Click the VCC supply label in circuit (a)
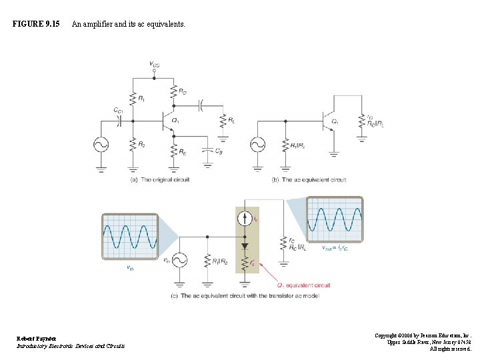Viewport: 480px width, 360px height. coord(154,65)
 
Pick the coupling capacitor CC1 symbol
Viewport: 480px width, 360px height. coord(119,121)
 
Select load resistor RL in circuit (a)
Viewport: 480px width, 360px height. coord(223,121)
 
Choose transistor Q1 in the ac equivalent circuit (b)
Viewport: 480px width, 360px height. coord(327,121)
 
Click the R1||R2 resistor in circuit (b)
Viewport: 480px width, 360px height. coord(285,145)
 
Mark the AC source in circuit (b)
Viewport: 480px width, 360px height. coord(257,145)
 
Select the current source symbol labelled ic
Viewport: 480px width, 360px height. coord(246,218)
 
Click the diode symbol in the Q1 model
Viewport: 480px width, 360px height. coord(246,245)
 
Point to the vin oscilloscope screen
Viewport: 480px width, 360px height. coord(130,237)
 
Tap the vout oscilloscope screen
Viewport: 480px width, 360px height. coord(335,219)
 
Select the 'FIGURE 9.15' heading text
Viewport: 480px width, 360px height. coord(36,24)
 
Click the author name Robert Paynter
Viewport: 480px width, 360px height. coord(37,339)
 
